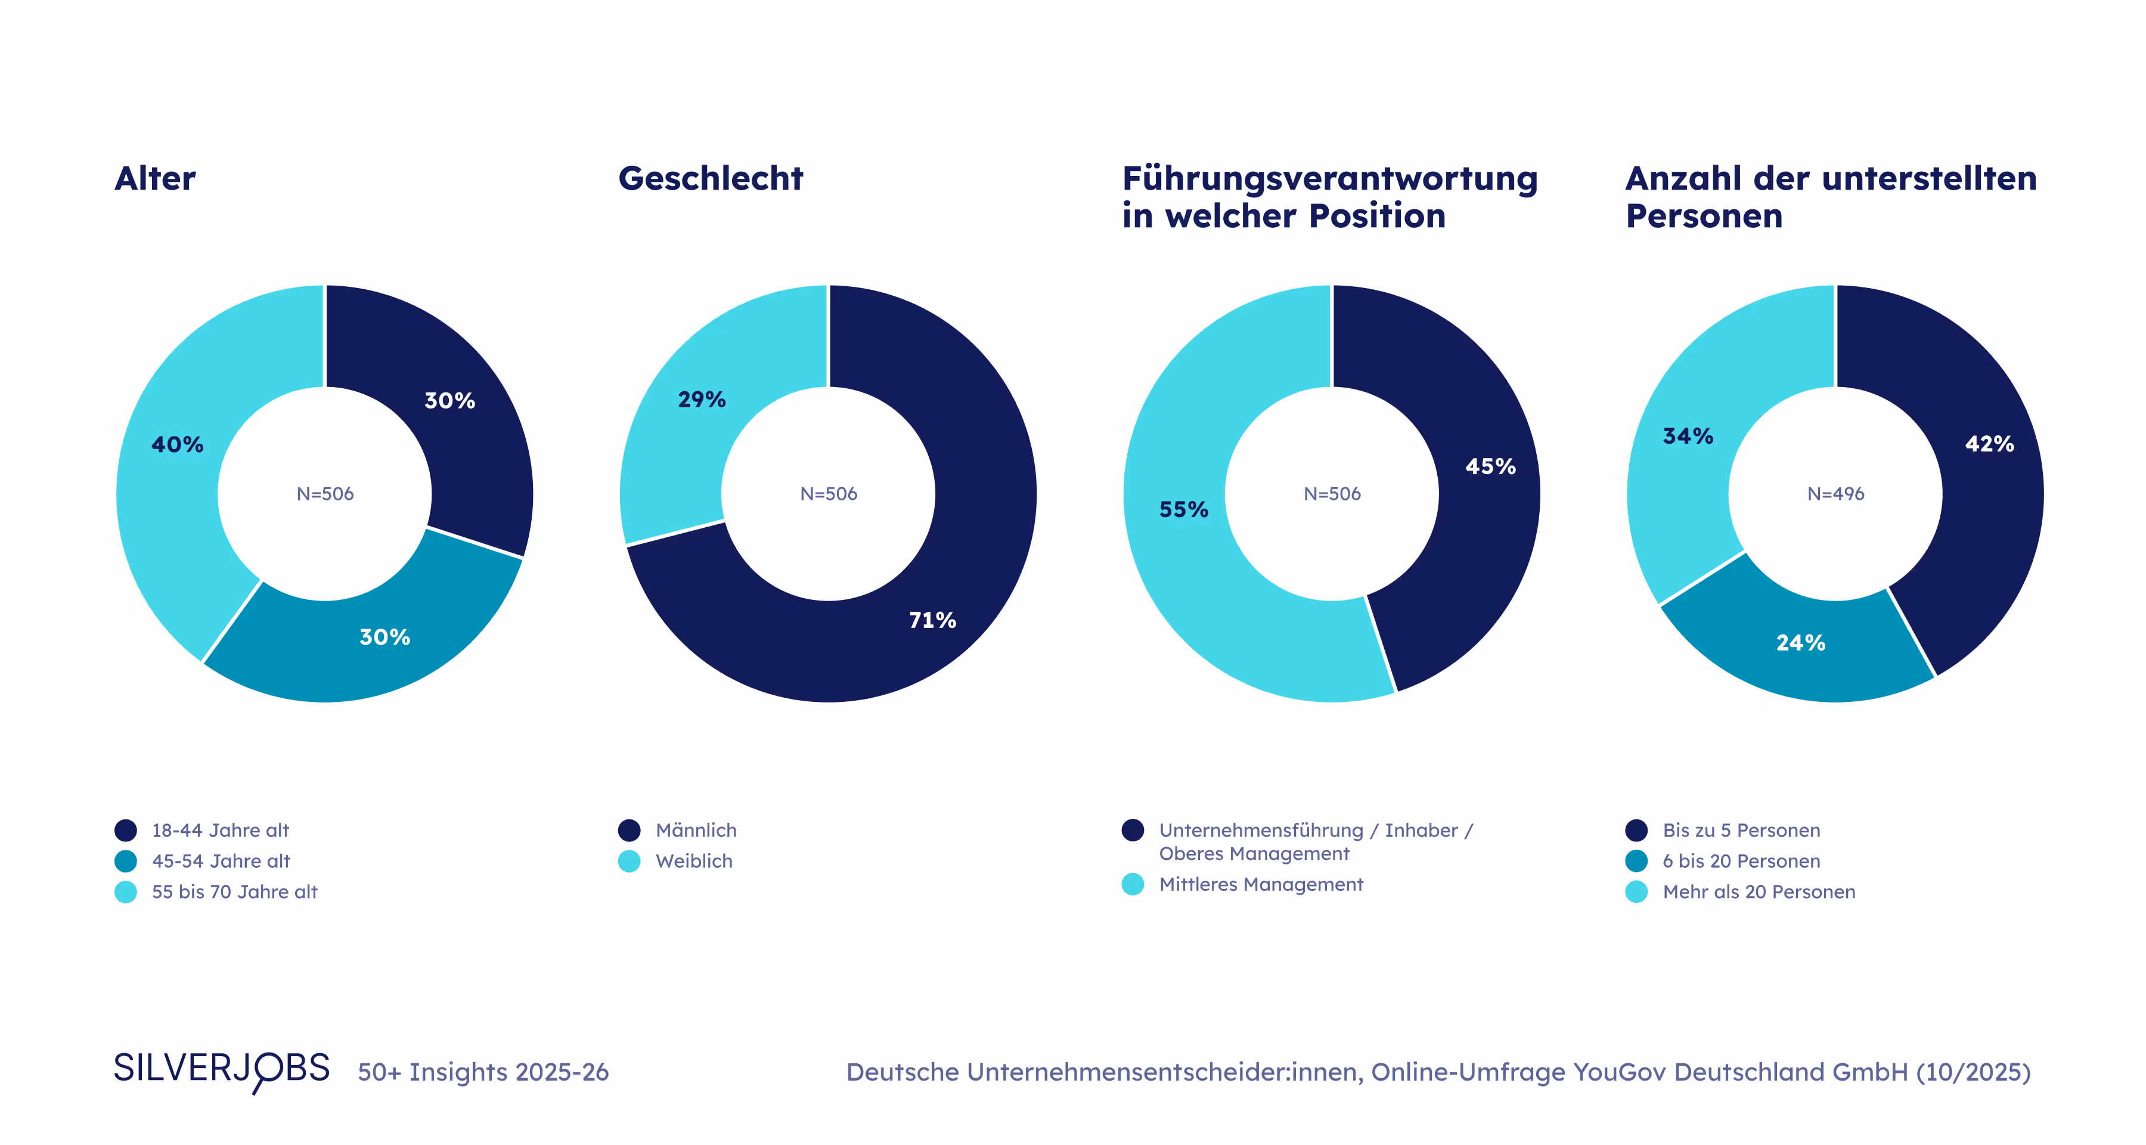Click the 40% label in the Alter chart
tap(176, 444)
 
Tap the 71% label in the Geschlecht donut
tap(932, 620)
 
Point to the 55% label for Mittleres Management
tap(1183, 509)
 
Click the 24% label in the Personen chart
tap(1800, 642)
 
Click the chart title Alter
tap(155, 178)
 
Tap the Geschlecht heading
tap(711, 178)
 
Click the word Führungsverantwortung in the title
tap(1329, 178)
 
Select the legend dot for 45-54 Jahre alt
tap(126, 861)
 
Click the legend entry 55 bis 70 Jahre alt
tap(234, 892)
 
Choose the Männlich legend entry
tap(696, 830)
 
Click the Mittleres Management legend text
tap(1260, 884)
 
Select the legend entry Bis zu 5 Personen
tap(1741, 830)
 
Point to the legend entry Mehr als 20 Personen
tap(1759, 892)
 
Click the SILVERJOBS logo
tap(222, 1069)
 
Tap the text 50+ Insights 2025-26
tap(483, 1072)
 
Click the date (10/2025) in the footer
tap(1973, 1072)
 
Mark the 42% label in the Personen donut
tap(1989, 444)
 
